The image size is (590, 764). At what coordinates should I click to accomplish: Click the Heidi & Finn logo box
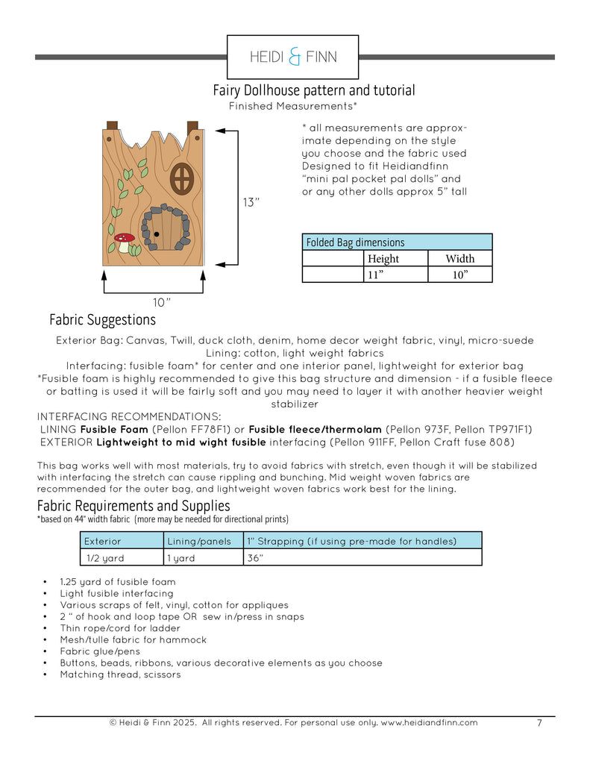click(x=293, y=57)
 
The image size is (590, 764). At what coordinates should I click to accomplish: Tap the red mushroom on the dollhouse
click(x=123, y=240)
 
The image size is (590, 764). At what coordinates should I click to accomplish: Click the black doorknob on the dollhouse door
click(x=156, y=234)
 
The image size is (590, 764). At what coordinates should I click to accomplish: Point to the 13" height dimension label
click(x=251, y=203)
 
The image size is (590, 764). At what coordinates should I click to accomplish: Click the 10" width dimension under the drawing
click(x=162, y=302)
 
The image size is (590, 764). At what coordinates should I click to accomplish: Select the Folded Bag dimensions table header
click(x=397, y=242)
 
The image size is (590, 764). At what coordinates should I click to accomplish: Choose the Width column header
click(x=459, y=258)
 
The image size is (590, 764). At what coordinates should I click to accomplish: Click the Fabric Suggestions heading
click(x=103, y=320)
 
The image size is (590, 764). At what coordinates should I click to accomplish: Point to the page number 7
click(x=539, y=722)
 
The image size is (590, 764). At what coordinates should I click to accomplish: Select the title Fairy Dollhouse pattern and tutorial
click(x=314, y=90)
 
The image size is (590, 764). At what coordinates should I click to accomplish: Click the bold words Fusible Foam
click(x=114, y=430)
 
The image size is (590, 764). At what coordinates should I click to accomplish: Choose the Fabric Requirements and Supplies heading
click(x=134, y=506)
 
